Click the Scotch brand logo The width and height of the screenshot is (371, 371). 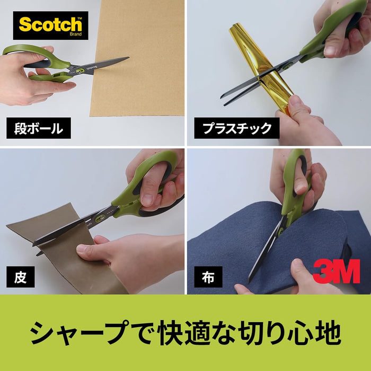point(50,25)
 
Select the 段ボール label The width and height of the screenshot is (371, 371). point(39,128)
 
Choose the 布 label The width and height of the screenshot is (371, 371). point(208,276)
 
